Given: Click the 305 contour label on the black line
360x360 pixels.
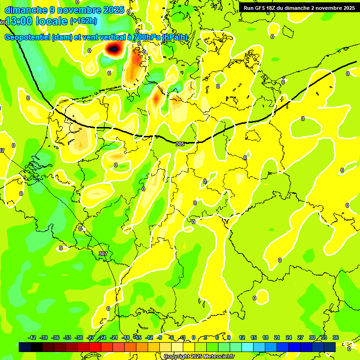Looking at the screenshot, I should point(180,144).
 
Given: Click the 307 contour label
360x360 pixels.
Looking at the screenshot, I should point(103,254).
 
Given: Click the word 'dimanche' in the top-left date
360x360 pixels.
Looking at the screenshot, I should point(26,10).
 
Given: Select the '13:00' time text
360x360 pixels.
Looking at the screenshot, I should point(19,21).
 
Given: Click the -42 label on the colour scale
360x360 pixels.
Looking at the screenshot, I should point(32,337).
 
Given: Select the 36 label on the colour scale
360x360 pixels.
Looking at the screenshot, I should point(336,337).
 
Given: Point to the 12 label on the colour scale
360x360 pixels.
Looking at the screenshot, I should point(242,337).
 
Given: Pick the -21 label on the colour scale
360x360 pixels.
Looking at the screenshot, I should point(114,337).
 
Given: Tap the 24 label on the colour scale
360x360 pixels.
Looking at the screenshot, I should point(289,337).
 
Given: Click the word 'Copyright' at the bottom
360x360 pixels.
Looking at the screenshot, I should point(177,357).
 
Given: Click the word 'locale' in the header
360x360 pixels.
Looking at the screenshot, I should point(53,21).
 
